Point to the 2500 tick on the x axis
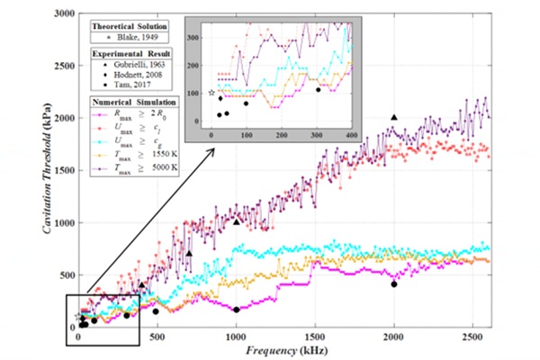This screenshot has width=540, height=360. point(472,335)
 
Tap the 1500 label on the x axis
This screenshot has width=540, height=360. point(314,335)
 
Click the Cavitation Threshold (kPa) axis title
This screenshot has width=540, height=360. point(37,171)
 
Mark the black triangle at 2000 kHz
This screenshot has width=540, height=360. point(393,118)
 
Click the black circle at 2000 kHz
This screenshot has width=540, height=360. point(393,284)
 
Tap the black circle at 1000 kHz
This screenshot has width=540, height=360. point(236,310)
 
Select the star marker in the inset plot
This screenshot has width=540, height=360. point(211,93)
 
